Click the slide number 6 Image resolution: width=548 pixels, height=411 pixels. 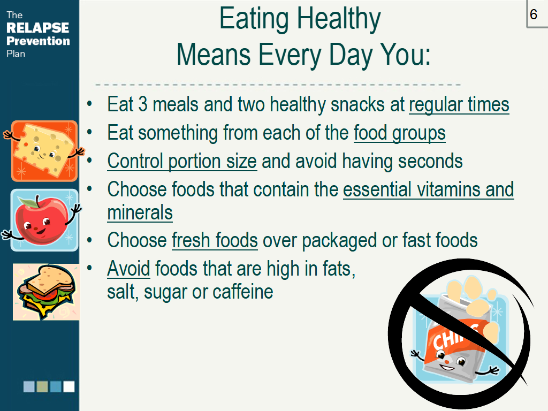coord(534,14)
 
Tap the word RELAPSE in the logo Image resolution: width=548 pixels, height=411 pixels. coord(38,28)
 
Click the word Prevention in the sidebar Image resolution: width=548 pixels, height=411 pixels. coord(38,41)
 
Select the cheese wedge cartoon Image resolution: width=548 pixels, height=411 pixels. coord(44,151)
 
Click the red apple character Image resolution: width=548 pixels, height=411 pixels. coord(42,220)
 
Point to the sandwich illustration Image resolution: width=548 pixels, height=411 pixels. coord(46,292)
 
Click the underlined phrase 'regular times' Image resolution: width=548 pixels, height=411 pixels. coord(459,104)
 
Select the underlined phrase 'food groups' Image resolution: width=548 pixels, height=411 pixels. coord(399,133)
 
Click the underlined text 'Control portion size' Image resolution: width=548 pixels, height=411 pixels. coord(182,161)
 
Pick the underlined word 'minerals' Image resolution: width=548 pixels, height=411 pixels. coord(140,212)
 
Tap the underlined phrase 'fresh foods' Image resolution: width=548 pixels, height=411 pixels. coord(215,240)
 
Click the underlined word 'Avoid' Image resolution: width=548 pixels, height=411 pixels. coord(128,269)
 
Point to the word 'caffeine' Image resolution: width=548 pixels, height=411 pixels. coord(243,292)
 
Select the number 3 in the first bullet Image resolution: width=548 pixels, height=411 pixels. coord(143,104)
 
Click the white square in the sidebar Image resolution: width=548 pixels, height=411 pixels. coord(69,386)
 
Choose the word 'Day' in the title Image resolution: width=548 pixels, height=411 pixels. coord(351,55)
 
